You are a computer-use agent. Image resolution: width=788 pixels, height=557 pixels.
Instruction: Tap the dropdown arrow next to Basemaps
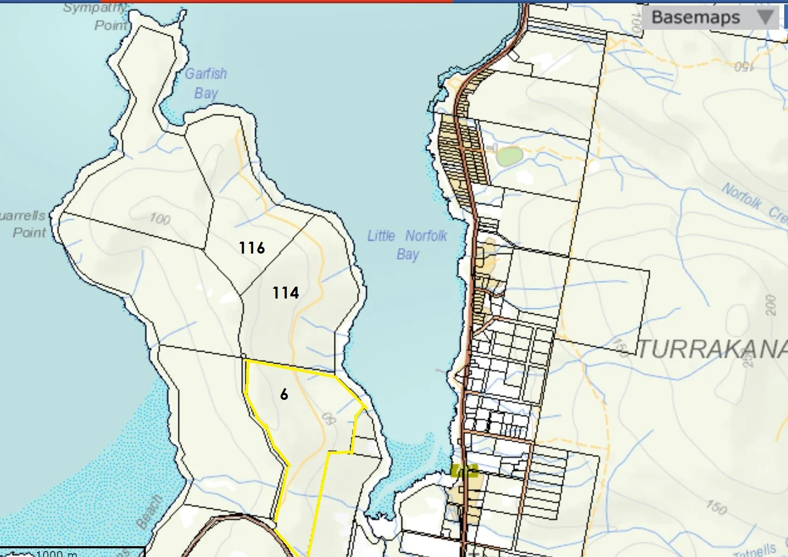tap(765, 17)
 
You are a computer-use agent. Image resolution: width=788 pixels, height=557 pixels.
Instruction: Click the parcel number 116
tap(252, 248)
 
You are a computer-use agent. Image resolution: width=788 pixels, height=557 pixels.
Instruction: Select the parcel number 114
tap(286, 293)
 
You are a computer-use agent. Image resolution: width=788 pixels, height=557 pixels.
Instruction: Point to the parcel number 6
tap(284, 394)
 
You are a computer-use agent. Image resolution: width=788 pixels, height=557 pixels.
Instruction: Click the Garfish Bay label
tap(206, 83)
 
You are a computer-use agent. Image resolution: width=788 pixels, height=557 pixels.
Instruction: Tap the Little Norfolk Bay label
tap(408, 244)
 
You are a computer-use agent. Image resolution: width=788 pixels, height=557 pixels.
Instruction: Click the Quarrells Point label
tap(24, 224)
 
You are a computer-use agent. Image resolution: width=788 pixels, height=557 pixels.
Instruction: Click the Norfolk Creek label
tap(753, 203)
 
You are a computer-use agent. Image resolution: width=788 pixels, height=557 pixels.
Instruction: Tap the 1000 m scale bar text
tap(56, 553)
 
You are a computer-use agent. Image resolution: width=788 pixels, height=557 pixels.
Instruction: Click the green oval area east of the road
tap(509, 156)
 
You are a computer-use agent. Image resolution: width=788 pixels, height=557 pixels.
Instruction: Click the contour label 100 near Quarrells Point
tap(160, 218)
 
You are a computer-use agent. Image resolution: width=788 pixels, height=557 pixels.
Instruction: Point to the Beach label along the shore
tap(149, 511)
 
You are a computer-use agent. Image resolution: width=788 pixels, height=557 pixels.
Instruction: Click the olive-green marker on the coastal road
tap(464, 470)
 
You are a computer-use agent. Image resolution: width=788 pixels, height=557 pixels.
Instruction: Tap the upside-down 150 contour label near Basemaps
tap(744, 67)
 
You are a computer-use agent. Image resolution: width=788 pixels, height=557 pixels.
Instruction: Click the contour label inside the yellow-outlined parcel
tap(328, 419)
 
